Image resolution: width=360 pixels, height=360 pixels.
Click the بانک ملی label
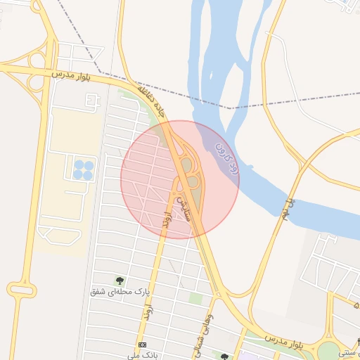click(x=143, y=355)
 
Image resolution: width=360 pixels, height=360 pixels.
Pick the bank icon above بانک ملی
click(x=143, y=345)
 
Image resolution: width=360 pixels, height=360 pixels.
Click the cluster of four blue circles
click(x=84, y=169)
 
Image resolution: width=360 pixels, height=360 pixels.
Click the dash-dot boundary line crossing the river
click(x=232, y=108)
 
